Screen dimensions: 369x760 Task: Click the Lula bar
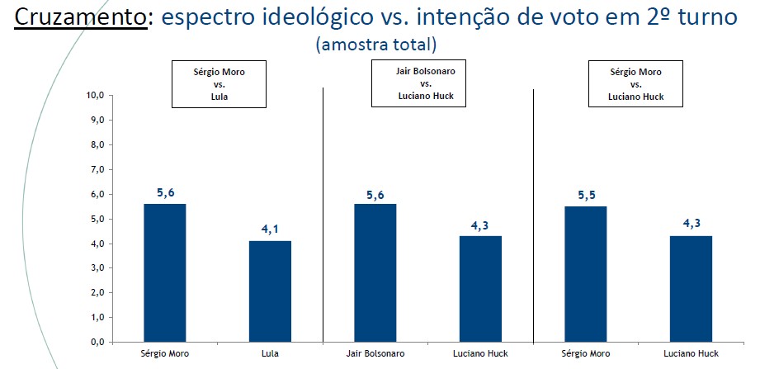(x=271, y=291)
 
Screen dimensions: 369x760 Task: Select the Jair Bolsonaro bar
(x=375, y=272)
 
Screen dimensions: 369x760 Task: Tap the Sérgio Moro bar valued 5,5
(x=587, y=273)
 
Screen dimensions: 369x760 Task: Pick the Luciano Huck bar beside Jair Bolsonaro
(x=481, y=288)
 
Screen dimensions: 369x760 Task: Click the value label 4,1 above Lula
(x=271, y=228)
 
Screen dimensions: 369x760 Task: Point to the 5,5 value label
(x=587, y=194)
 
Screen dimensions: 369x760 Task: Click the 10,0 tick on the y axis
(x=96, y=95)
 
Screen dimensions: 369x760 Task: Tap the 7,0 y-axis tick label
(x=97, y=169)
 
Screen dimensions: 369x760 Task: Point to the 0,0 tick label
(x=97, y=342)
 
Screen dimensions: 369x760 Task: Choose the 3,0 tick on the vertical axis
(x=97, y=267)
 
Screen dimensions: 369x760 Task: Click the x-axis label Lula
(x=271, y=355)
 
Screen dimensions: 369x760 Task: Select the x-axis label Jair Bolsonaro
(x=375, y=355)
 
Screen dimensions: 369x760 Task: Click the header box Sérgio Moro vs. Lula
(x=219, y=84)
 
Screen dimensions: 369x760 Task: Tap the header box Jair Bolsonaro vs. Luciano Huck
(x=426, y=84)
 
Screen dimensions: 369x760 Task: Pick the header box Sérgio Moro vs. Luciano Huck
(x=635, y=84)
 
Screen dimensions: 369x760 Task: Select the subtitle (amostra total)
(x=375, y=44)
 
